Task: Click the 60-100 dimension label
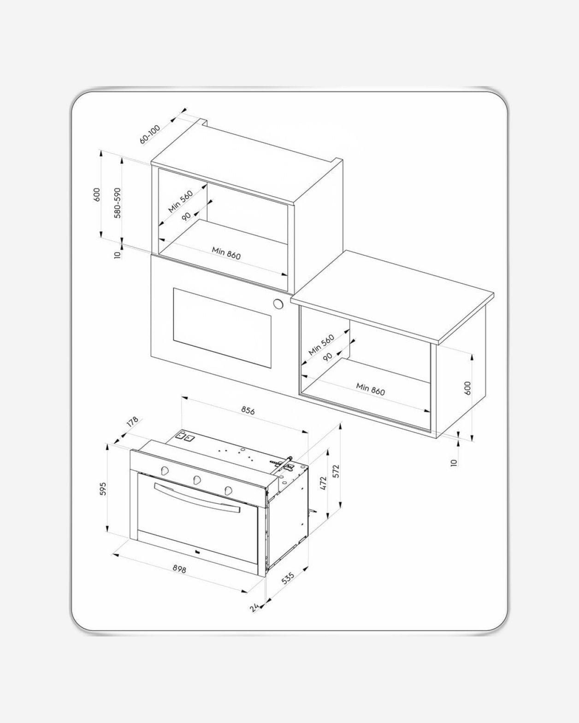150,134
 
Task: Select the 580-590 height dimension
118,203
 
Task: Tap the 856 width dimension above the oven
248,411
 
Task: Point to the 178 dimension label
132,422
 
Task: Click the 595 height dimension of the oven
103,489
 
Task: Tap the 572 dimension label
337,471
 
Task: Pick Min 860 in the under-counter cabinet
371,389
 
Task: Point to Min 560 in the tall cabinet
181,201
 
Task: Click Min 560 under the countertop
321,344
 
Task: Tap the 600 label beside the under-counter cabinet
468,388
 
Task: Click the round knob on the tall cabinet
278,304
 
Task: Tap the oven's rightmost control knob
229,490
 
